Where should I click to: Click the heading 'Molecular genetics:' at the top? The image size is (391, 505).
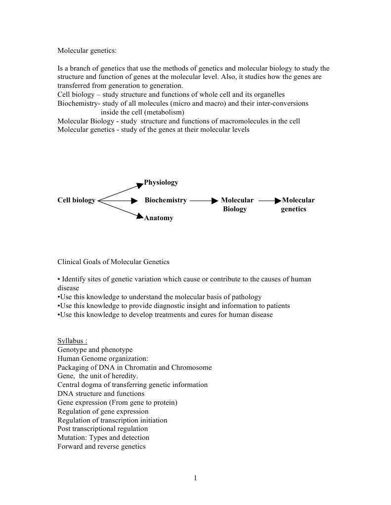(x=87, y=51)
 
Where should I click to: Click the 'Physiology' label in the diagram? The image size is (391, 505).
(x=161, y=183)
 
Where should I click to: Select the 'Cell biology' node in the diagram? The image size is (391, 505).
(x=76, y=200)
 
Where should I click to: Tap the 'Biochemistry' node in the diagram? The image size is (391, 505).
(x=166, y=200)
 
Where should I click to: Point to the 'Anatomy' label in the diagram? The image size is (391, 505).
(x=159, y=218)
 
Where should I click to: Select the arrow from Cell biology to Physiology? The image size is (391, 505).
(x=120, y=192)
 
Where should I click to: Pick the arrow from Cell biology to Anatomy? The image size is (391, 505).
(x=120, y=209)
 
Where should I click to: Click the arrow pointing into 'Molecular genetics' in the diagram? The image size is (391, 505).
(x=270, y=201)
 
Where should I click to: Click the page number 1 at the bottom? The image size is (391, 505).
(x=195, y=477)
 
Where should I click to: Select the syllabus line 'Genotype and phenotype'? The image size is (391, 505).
(x=95, y=350)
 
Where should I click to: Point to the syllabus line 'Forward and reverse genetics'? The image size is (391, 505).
(x=101, y=446)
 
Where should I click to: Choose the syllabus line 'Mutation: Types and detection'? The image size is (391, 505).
(x=103, y=437)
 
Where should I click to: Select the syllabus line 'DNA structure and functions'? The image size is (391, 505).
(x=101, y=393)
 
